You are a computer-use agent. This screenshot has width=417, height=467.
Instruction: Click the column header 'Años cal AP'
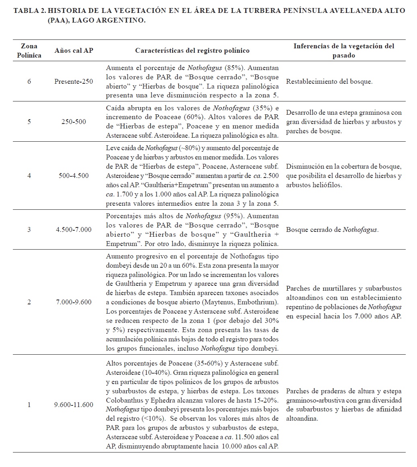[x=74, y=51]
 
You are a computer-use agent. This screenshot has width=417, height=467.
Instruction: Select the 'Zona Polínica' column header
[x=29, y=51]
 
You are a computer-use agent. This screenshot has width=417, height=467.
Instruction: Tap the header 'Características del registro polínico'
[x=192, y=51]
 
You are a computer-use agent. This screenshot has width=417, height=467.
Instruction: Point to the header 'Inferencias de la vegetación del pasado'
[x=344, y=51]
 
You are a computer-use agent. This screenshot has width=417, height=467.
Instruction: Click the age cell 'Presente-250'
[x=74, y=82]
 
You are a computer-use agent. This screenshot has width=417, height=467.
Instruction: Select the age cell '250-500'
[x=74, y=121]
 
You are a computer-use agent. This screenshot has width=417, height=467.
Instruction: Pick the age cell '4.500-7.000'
[x=74, y=230]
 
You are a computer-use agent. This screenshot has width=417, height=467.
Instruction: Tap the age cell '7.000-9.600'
[x=74, y=302]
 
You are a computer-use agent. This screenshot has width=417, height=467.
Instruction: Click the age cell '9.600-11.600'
[x=74, y=405]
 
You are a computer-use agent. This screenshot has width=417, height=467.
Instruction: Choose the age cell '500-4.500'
[x=74, y=176]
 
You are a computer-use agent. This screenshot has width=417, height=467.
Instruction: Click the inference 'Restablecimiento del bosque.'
[x=329, y=82]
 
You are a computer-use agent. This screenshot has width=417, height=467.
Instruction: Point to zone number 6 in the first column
[x=29, y=82]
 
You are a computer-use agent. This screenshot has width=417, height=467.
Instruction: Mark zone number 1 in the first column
[x=29, y=405]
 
